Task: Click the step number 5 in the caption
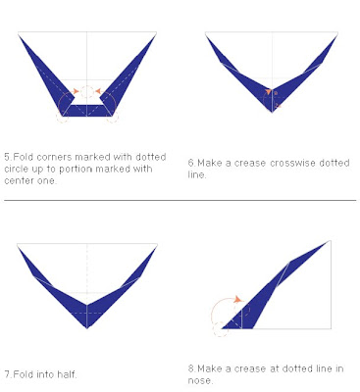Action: click(x=8, y=157)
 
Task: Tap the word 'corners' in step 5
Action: click(x=54, y=157)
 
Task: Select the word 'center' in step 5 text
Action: click(x=19, y=180)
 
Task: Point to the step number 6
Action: click(x=191, y=163)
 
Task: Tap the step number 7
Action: click(x=7, y=374)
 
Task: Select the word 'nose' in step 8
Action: click(x=199, y=380)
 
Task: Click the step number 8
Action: click(x=191, y=368)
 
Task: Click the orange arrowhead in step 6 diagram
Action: click(x=269, y=92)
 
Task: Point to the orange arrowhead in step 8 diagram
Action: click(x=238, y=299)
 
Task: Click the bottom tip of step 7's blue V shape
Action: click(x=87, y=328)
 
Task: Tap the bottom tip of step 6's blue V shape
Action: click(x=272, y=112)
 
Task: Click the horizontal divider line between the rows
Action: click(x=180, y=200)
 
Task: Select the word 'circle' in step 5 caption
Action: click(x=18, y=169)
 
